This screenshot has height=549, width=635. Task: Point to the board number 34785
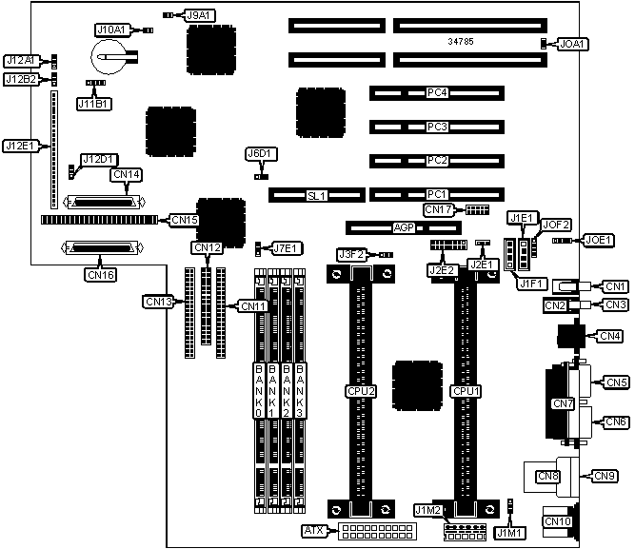tap(462, 42)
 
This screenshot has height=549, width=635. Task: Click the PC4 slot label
tap(437, 93)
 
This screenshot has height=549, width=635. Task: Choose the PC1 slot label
tap(437, 194)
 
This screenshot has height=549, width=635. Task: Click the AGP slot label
tap(405, 228)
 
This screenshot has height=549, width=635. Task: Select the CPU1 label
tap(465, 390)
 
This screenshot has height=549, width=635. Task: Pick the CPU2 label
tap(361, 390)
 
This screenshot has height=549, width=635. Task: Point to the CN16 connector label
tap(100, 275)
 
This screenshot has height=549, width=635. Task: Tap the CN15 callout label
tap(184, 220)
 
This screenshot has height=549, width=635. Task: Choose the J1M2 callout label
tap(427, 511)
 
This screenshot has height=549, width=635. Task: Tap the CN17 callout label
tap(438, 209)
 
